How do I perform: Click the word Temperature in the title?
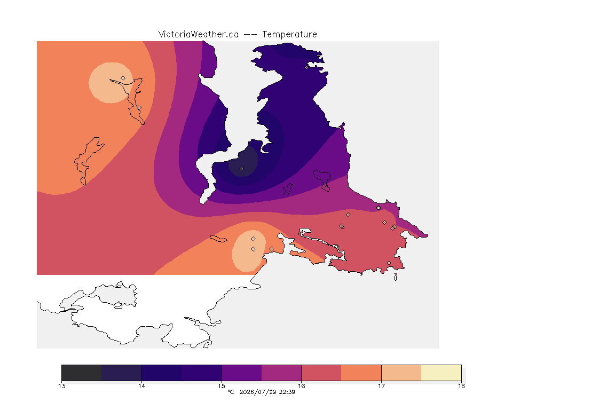coord(289,35)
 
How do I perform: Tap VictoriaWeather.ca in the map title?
coord(199,35)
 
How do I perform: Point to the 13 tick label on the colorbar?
coord(61,386)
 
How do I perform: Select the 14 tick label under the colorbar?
coord(141,386)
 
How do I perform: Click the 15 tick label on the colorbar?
coord(222,386)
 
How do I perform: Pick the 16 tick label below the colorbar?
coord(301,386)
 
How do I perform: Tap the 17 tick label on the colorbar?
coord(381,386)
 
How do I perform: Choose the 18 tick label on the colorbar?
coord(461,386)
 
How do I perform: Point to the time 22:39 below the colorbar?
coord(287,392)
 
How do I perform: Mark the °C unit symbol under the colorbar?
coord(231,392)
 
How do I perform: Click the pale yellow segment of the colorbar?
coord(441,373)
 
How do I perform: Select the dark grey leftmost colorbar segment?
coord(82,373)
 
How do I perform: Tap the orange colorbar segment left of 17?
coord(361,373)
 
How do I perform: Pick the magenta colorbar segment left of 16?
coord(281,373)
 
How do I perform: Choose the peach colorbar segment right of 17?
coord(401,373)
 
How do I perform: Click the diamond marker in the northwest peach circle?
coord(123,78)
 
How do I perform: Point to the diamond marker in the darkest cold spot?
coord(242,169)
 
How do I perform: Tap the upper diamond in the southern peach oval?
coord(254,239)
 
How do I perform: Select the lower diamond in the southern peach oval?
coord(254,249)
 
